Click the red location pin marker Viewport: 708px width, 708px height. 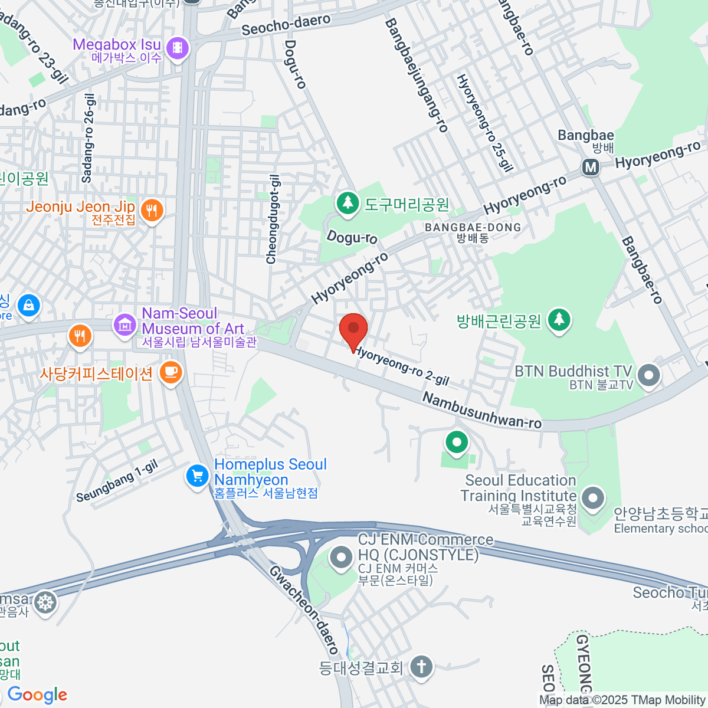point(353,329)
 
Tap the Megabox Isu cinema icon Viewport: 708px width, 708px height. point(178,48)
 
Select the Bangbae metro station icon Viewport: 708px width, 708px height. point(591,168)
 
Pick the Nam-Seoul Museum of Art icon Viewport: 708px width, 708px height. point(124,324)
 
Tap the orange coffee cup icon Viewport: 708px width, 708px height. point(171,372)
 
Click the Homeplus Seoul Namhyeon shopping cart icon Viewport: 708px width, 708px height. point(197,476)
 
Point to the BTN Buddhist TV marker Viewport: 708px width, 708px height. point(649,375)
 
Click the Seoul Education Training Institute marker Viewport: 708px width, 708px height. point(593,497)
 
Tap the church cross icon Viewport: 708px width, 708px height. point(421,667)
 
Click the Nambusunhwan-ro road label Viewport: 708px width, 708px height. point(482,411)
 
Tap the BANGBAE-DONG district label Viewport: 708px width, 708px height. point(473,228)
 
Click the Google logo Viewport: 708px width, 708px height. point(38,694)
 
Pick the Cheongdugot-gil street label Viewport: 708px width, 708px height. point(273,219)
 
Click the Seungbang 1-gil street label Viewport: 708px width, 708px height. point(117,481)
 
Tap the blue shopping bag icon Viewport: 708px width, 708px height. point(28,305)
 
